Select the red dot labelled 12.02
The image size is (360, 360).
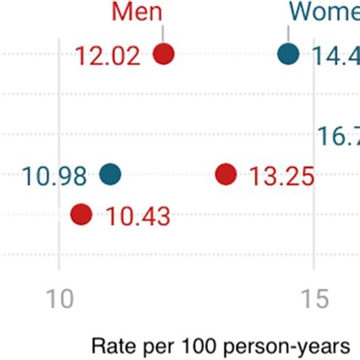tap(163, 55)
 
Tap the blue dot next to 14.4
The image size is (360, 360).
tap(288, 55)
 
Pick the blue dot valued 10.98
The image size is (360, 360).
tap(110, 175)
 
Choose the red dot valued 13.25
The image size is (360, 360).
tap(226, 175)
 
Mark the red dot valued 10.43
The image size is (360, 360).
tap(81, 215)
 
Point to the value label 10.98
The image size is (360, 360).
tap(55, 176)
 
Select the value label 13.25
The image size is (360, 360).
tap(282, 176)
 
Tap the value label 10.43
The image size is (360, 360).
tap(138, 216)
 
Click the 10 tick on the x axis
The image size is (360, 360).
tap(59, 298)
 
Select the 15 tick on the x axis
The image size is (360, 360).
tap(314, 298)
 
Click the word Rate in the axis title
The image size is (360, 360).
tap(111, 346)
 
